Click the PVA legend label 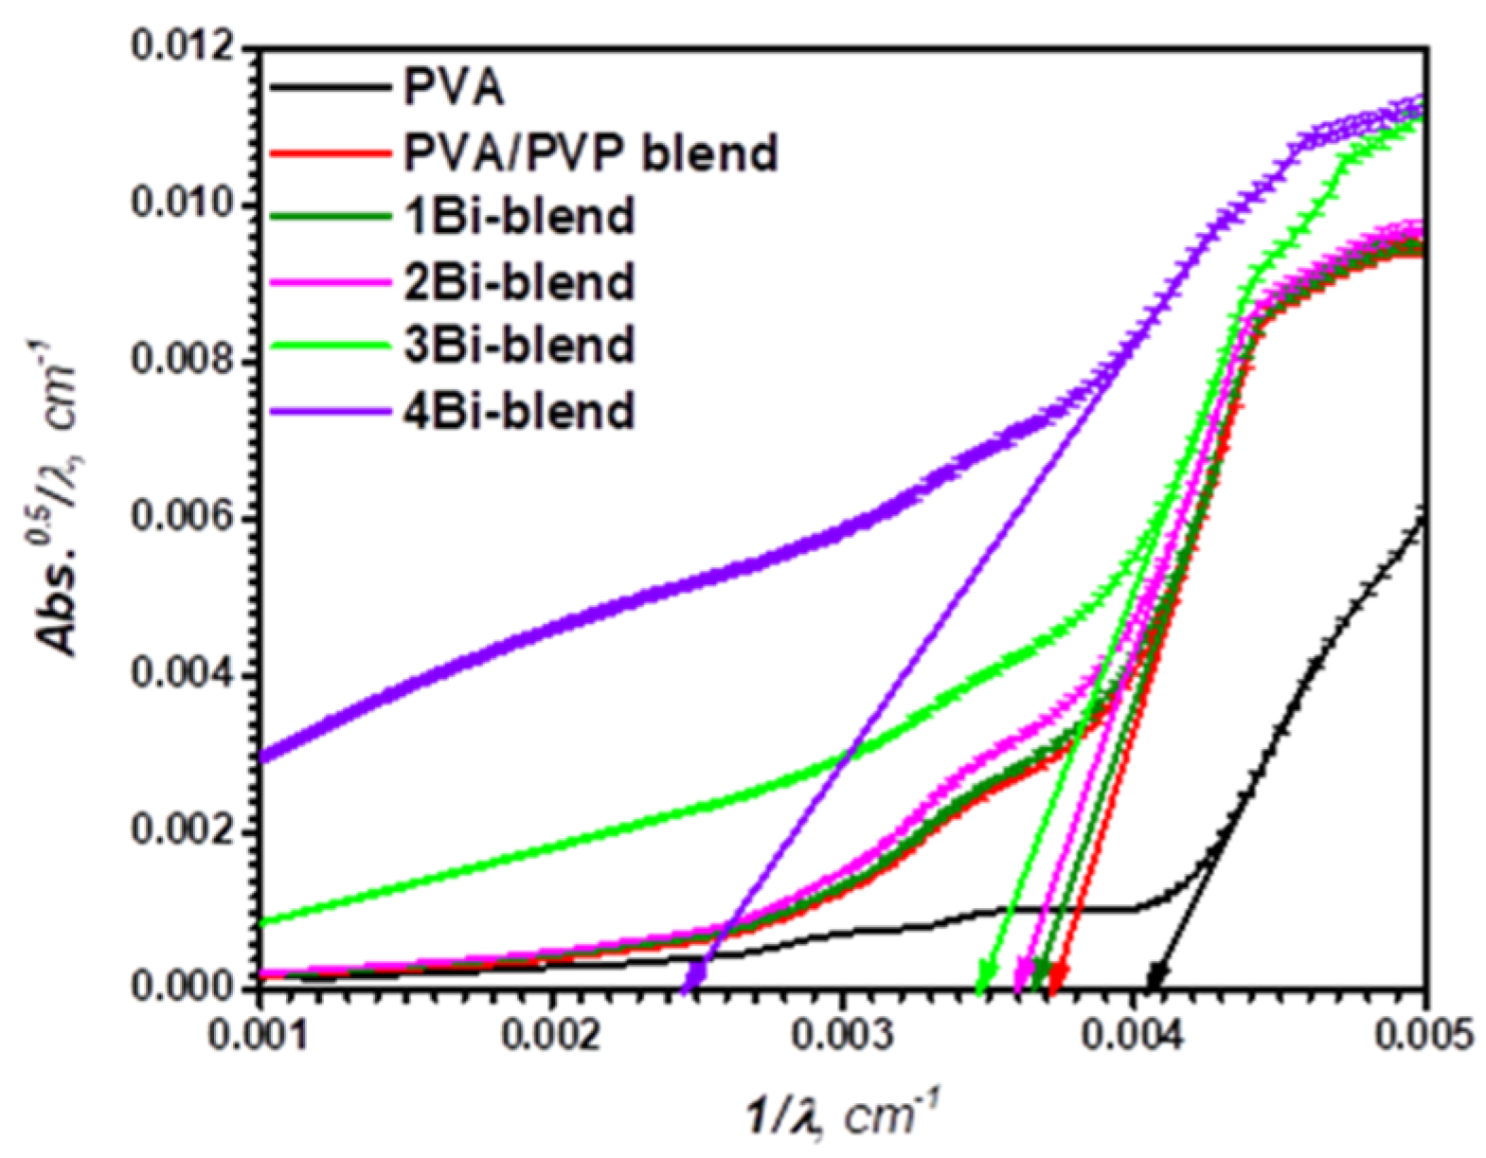(x=453, y=89)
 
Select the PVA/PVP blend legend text (x=590, y=152)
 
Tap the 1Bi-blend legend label (x=519, y=217)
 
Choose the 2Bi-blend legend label (x=519, y=282)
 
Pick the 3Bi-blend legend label (x=519, y=346)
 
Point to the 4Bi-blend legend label (x=519, y=411)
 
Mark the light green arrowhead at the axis (x=985, y=975)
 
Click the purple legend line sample (x=331, y=411)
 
